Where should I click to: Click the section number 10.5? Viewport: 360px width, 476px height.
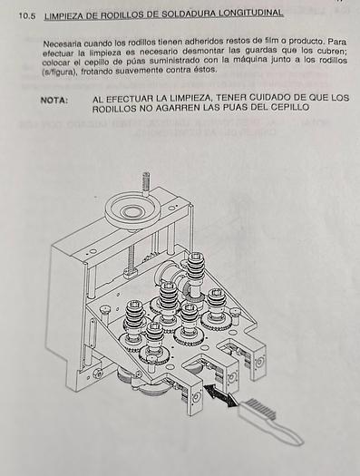pos(26,15)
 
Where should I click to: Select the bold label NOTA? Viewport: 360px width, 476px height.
pos(54,100)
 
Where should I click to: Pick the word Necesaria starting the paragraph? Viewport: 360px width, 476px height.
pos(62,44)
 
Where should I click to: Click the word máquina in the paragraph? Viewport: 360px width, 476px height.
pos(248,60)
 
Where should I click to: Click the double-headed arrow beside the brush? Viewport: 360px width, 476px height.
pos(220,394)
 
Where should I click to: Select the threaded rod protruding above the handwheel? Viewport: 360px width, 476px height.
pos(146,183)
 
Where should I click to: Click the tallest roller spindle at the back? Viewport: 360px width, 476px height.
pos(195,274)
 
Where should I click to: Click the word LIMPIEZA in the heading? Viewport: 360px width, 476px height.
pos(63,15)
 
